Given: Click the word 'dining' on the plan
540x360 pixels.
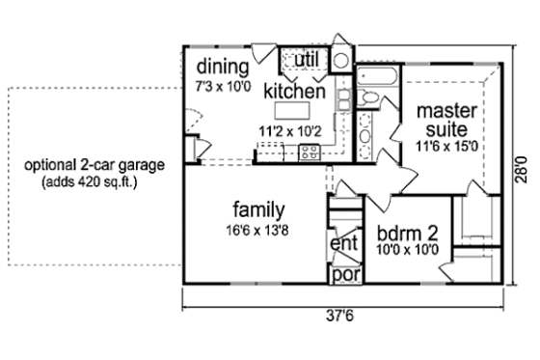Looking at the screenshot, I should (x=223, y=68).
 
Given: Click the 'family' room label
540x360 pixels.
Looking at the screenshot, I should (x=257, y=208).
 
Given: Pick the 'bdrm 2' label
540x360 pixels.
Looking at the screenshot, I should (x=407, y=233).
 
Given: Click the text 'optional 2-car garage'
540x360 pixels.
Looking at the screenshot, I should (x=95, y=165).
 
